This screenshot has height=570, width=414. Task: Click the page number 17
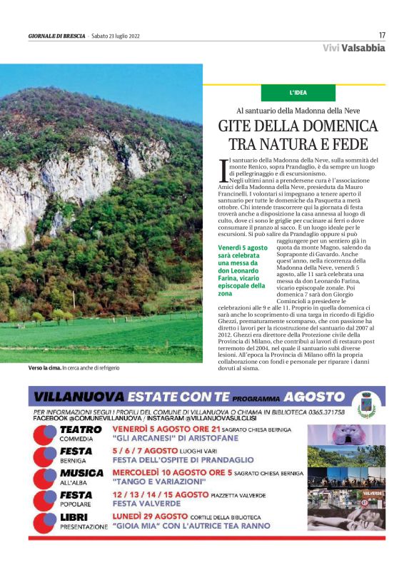[x=382, y=35]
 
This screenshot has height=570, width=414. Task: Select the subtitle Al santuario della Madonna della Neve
[x=298, y=111]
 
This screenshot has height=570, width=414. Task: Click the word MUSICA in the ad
[x=81, y=472]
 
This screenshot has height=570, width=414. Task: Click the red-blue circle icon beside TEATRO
[x=46, y=434]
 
